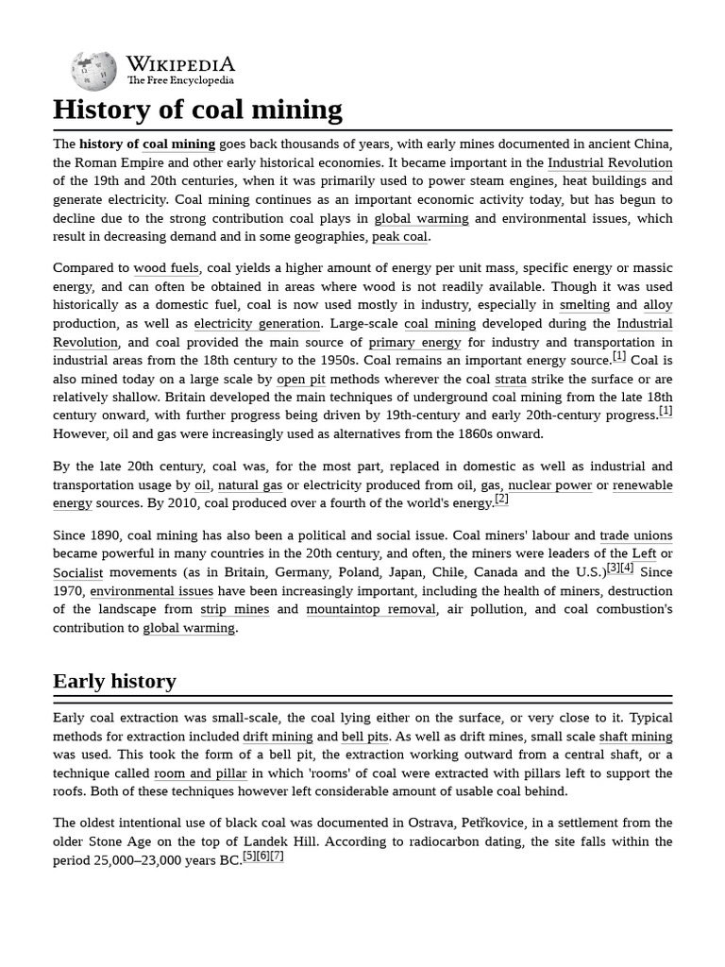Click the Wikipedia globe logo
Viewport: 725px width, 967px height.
click(x=93, y=72)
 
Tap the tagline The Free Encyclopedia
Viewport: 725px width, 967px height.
click(x=180, y=81)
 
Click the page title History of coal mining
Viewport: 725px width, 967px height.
click(x=197, y=110)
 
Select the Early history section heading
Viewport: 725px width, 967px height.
click(x=114, y=681)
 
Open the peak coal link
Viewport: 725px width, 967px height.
click(x=399, y=237)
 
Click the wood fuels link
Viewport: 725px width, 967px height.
click(x=166, y=268)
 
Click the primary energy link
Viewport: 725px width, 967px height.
click(x=414, y=342)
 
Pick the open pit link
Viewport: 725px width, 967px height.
click(x=300, y=379)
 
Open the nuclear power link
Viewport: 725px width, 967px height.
click(x=549, y=485)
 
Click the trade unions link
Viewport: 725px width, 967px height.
click(x=635, y=535)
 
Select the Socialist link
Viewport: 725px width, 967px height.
click(x=78, y=572)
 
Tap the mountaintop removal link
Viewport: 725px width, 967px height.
click(x=371, y=609)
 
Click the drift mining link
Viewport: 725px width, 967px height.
click(x=278, y=737)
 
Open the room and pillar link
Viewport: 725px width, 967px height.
click(x=200, y=773)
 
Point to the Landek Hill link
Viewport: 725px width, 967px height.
click(x=278, y=841)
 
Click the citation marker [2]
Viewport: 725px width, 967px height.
click(x=501, y=500)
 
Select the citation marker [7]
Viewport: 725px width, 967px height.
click(x=277, y=856)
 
